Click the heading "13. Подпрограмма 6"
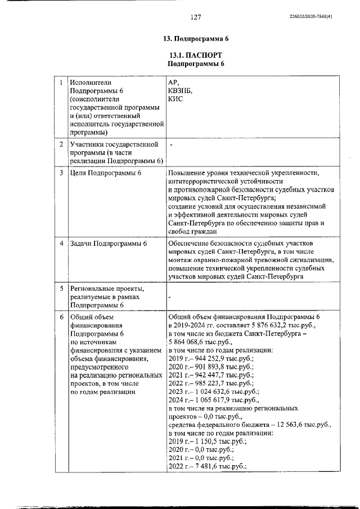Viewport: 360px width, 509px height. tap(196, 39)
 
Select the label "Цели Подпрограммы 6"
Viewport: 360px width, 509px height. tap(106, 173)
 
